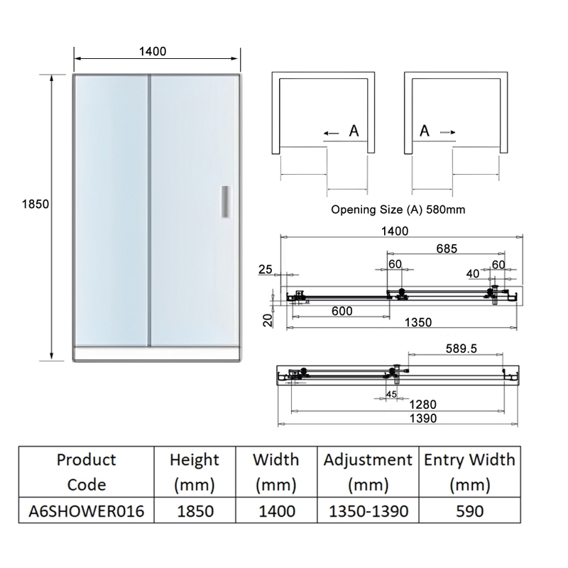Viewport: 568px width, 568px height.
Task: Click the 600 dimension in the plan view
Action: coord(342,310)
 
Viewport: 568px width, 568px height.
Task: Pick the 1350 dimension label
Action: coord(417,322)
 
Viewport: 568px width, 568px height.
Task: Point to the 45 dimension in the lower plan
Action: coord(391,394)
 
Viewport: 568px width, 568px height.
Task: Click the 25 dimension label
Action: coord(266,269)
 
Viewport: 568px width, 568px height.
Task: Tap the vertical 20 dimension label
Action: coord(266,319)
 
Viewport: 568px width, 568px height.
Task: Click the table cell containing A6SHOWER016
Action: coord(90,511)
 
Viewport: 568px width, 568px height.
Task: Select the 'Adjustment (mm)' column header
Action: coord(368,472)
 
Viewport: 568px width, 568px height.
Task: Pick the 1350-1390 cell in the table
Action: coord(368,511)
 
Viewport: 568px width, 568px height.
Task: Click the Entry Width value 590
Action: coord(469,511)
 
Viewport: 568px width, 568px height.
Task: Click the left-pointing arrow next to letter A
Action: coord(330,132)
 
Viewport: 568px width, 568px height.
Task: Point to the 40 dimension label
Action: coord(473,273)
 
